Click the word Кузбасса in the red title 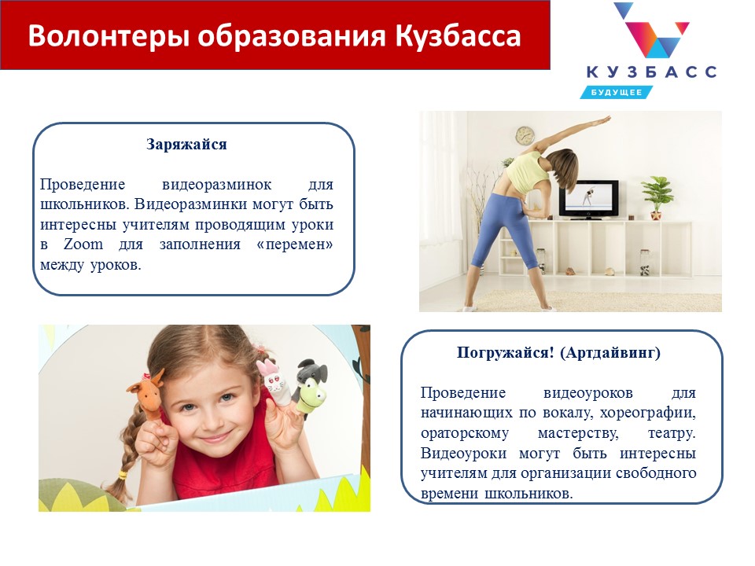458,36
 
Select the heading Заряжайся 186,145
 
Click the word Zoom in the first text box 83,244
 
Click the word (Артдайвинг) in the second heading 610,353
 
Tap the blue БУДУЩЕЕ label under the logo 617,92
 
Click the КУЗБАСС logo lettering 651,72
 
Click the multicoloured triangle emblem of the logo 651,31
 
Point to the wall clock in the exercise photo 525,135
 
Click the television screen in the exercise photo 589,198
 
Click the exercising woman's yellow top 528,172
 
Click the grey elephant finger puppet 311,369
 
